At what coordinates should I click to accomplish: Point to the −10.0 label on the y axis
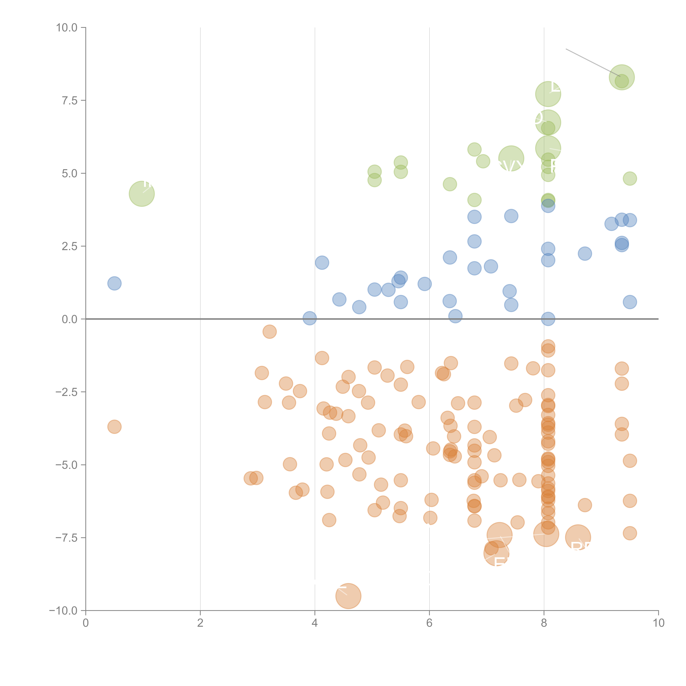(x=63, y=611)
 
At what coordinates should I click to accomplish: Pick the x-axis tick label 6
(x=429, y=623)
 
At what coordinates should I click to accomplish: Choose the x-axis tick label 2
(x=200, y=623)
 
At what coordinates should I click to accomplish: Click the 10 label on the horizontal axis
(x=658, y=623)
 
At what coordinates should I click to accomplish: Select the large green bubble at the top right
(x=621, y=77)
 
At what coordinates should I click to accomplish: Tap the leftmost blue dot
(x=114, y=283)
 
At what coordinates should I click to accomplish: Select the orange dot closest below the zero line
(x=269, y=332)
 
